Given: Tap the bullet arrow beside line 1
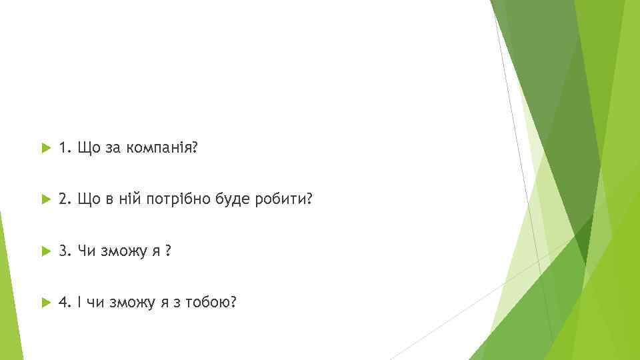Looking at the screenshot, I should tap(45, 148).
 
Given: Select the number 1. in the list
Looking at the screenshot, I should tap(65, 147).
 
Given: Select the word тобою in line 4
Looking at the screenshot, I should tap(211, 303).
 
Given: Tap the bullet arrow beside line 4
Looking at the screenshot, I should tap(45, 303).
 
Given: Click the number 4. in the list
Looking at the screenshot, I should tap(65, 303).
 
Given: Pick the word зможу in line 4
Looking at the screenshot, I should tap(131, 303).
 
